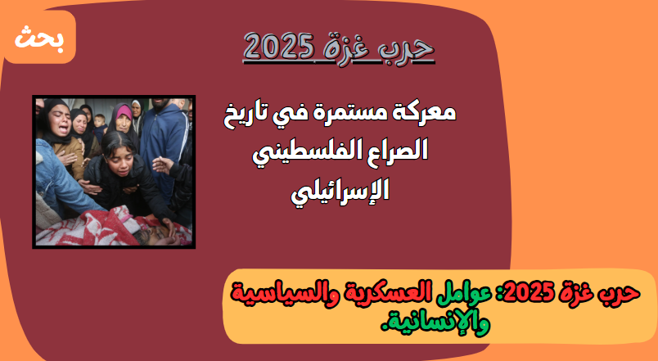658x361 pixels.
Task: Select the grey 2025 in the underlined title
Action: (279, 46)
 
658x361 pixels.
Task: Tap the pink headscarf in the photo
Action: (124, 111)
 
